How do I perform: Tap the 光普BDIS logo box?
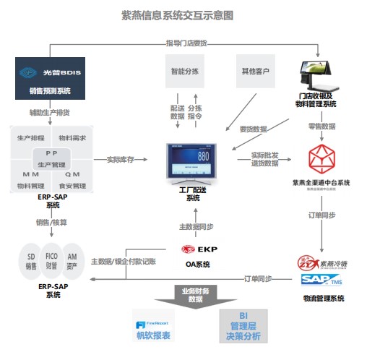click(x=51, y=72)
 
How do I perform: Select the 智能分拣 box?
click(x=186, y=72)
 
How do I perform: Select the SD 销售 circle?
click(x=31, y=261)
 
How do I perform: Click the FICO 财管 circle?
click(x=51, y=261)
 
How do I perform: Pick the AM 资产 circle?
click(x=72, y=261)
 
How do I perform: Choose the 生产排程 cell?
click(x=31, y=137)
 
